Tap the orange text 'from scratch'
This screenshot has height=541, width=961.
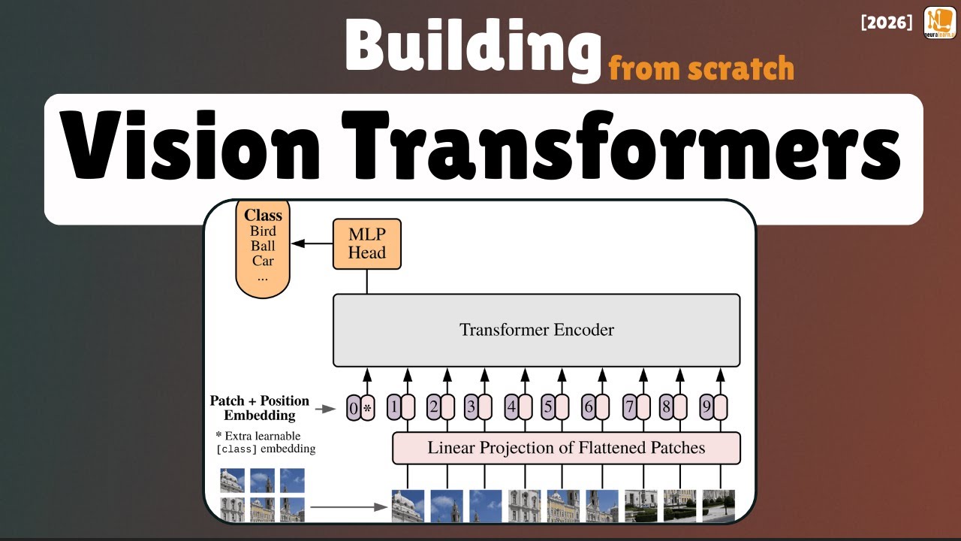(701, 68)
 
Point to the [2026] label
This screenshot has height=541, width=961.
(887, 23)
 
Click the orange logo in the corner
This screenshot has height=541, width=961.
(940, 23)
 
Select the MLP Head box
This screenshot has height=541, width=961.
(367, 244)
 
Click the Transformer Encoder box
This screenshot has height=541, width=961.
(536, 330)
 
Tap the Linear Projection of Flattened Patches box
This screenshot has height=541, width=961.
(566, 449)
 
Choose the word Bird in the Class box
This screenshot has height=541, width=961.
(263, 231)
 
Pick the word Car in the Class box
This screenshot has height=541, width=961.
(263, 261)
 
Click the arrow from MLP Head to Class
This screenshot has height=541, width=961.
(312, 243)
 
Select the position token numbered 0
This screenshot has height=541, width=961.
(354, 409)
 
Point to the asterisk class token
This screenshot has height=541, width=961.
(367, 409)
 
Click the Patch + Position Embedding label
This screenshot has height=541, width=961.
(259, 408)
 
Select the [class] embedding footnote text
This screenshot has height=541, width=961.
(265, 443)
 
